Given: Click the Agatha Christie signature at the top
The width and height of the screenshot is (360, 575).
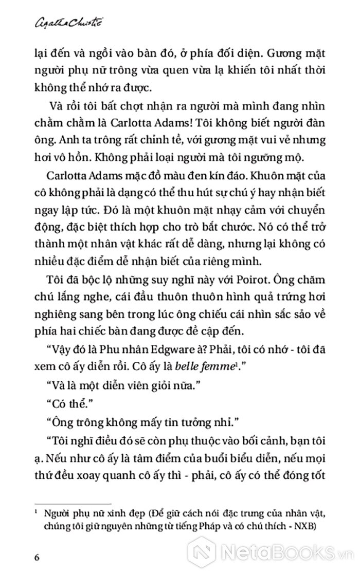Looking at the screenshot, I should pos(53,22).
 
